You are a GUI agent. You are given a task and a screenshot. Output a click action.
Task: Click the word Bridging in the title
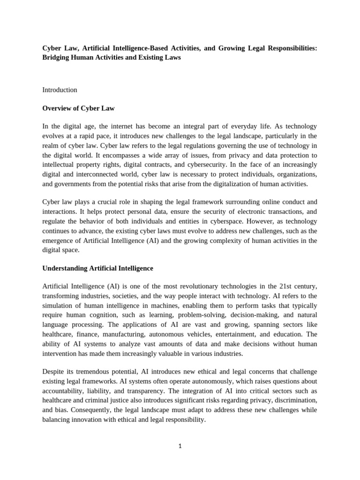(57, 57)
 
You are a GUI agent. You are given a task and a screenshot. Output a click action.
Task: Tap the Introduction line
(60, 90)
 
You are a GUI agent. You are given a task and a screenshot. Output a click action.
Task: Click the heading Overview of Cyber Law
(78, 108)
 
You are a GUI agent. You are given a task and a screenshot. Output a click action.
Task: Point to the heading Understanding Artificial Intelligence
(97, 268)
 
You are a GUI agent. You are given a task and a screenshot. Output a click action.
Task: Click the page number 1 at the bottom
(180, 446)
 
